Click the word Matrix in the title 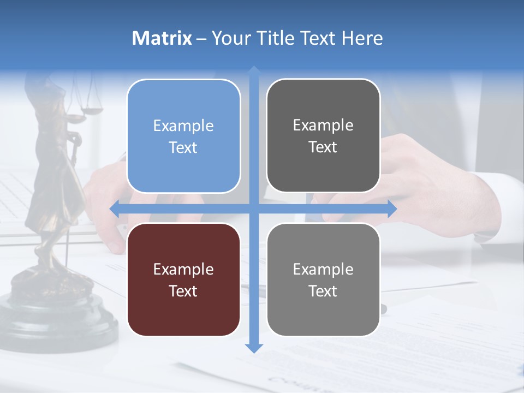pos(162,38)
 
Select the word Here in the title pos(362,38)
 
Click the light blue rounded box pos(183,136)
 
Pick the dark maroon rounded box pos(183,279)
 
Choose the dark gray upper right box pos(323,136)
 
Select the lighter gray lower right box pos(323,279)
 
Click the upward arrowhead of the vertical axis pos(254,71)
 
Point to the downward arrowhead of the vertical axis pos(254,348)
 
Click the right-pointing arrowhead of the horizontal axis pos(391,209)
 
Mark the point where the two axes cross pos(254,209)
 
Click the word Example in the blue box pos(183,126)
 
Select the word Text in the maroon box pos(183,291)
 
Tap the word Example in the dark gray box pos(323,126)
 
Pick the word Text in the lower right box pos(323,291)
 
